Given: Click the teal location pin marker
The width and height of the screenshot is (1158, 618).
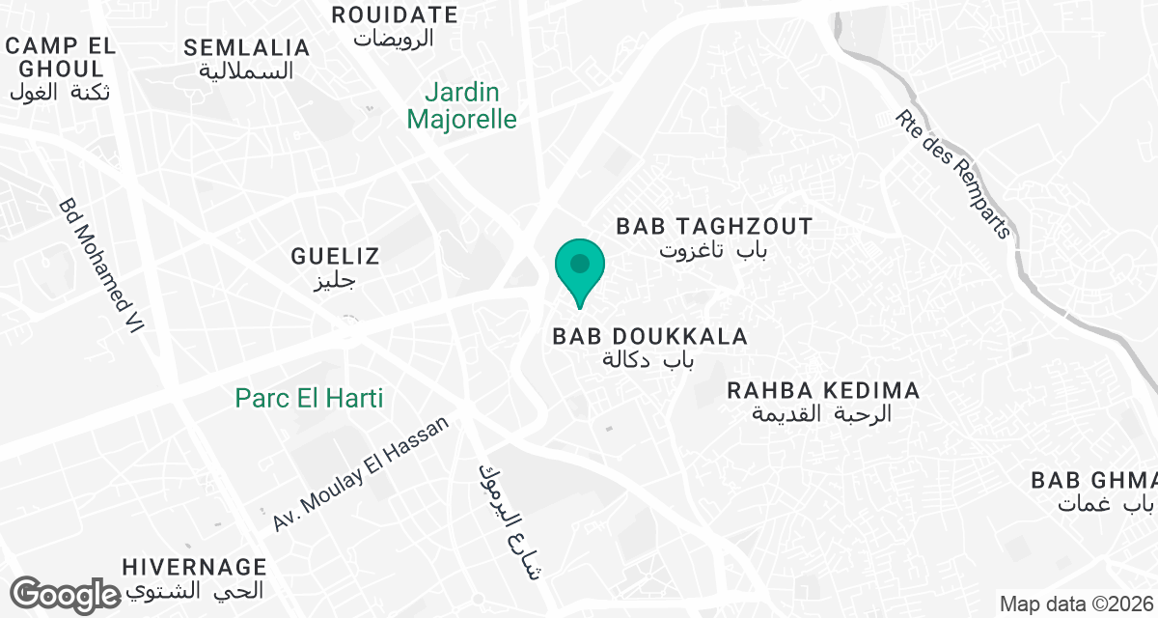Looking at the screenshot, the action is pyautogui.click(x=580, y=268).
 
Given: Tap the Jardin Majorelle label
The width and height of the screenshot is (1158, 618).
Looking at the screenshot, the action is pyautogui.click(x=462, y=106).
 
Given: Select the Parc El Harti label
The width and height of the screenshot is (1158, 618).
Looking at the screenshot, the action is pyautogui.click(x=310, y=398).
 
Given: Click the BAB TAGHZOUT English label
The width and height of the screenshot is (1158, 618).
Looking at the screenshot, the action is pyautogui.click(x=715, y=227).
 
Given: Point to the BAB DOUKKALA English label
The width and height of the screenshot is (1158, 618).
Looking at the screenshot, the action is pyautogui.click(x=649, y=337).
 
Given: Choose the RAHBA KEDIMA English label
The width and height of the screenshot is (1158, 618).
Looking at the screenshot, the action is pyautogui.click(x=823, y=391).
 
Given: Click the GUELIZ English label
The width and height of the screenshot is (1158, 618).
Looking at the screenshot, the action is pyautogui.click(x=336, y=257).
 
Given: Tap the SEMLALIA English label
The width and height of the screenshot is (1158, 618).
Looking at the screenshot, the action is pyautogui.click(x=247, y=48).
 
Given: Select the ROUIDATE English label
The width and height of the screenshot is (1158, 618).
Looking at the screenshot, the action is pyautogui.click(x=394, y=14).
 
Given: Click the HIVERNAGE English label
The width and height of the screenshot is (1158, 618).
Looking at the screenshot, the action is pyautogui.click(x=195, y=567).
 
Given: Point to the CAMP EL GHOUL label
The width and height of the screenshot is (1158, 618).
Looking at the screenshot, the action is pyautogui.click(x=61, y=57).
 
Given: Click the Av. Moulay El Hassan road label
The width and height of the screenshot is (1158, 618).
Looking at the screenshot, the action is pyautogui.click(x=361, y=473).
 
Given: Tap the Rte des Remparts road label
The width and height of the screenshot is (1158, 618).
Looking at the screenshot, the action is pyautogui.click(x=952, y=174).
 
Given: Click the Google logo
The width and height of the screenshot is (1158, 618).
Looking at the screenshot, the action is pyautogui.click(x=66, y=594).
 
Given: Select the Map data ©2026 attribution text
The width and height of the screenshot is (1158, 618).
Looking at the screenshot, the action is pyautogui.click(x=1076, y=604).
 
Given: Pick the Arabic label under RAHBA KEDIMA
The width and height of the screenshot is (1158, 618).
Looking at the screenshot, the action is pyautogui.click(x=822, y=413).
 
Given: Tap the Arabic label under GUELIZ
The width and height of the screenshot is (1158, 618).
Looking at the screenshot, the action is pyautogui.click(x=337, y=281).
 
